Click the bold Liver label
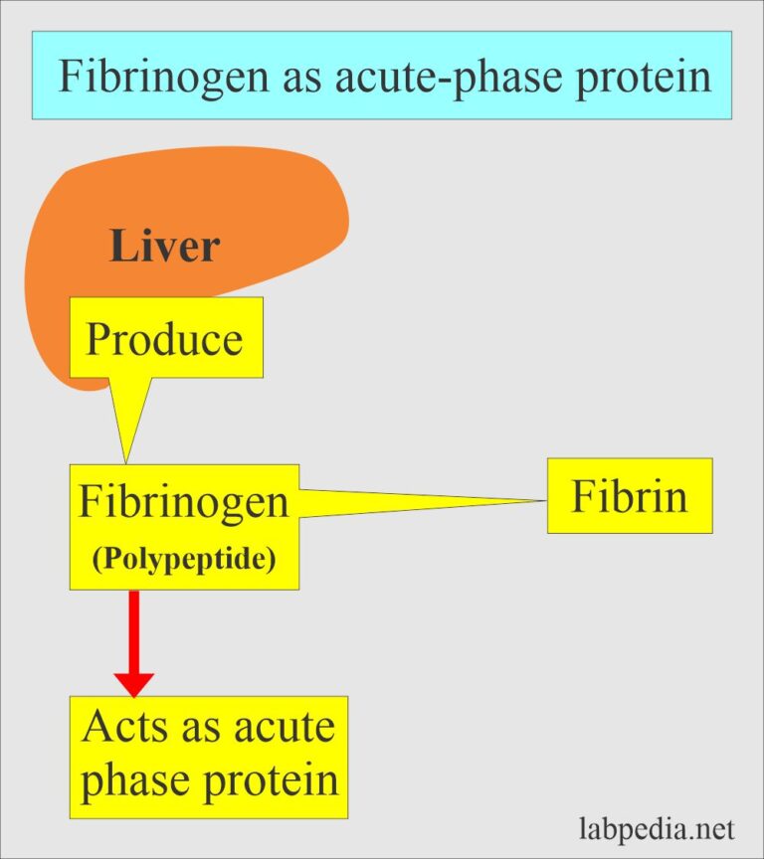164,246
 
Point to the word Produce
164,339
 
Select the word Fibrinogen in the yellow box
184,502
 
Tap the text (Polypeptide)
184,558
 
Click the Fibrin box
629,495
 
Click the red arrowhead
133,684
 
